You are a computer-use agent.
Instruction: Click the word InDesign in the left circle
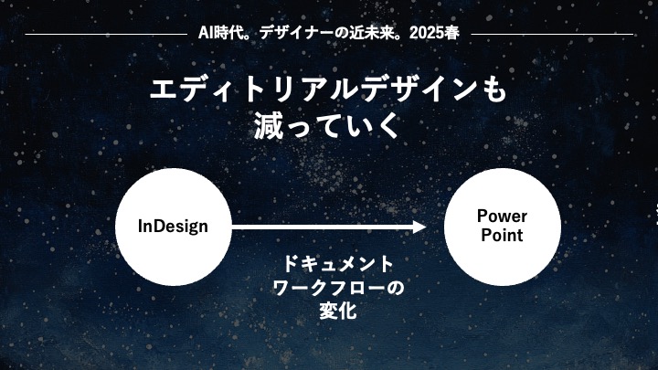173,227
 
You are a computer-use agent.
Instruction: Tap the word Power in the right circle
502,216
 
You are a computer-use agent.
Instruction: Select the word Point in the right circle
502,235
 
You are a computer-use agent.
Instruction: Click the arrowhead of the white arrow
419,227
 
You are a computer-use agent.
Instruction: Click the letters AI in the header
206,33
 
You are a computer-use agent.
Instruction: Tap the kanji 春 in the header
452,33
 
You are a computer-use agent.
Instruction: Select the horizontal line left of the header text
106,34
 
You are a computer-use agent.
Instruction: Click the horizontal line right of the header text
552,34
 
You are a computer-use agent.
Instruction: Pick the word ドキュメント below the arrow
338,264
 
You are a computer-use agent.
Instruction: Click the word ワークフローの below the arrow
338,288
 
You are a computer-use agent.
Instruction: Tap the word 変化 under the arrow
338,311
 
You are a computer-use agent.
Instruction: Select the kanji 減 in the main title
269,125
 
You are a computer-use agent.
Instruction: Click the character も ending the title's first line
495,90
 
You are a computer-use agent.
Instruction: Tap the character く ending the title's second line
387,125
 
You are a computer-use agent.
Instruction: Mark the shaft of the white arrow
323,227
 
